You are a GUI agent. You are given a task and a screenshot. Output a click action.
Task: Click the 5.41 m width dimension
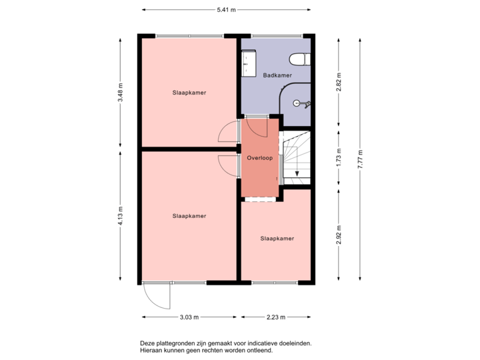click(226, 10)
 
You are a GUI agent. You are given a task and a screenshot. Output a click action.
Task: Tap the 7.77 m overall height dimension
click(360, 159)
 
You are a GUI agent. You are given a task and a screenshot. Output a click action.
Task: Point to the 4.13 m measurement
click(121, 215)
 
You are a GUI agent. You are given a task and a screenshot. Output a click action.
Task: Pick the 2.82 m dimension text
click(339, 80)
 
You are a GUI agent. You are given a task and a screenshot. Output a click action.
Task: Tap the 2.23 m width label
click(277, 317)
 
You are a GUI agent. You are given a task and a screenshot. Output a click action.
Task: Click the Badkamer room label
click(277, 75)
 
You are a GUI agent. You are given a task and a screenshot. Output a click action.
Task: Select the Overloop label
click(260, 158)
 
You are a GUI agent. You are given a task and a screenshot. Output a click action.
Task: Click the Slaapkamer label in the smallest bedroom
click(277, 238)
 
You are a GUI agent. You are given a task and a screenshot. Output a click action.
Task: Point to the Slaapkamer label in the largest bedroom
click(189, 216)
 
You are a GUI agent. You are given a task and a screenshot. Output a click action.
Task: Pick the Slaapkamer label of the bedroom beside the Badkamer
click(189, 93)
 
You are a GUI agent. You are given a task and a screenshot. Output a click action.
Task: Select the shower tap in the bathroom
click(303, 103)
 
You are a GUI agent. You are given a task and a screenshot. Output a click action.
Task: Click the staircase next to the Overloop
click(296, 160)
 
